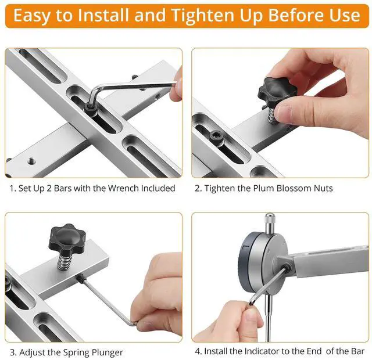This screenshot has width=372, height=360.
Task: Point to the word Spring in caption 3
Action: click(70, 352)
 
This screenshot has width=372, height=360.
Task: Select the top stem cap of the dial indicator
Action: click(269, 220)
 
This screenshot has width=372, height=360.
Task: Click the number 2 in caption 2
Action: click(198, 188)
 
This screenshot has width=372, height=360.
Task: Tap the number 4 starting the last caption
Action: click(198, 351)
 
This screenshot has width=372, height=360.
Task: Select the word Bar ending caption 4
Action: click(356, 351)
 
